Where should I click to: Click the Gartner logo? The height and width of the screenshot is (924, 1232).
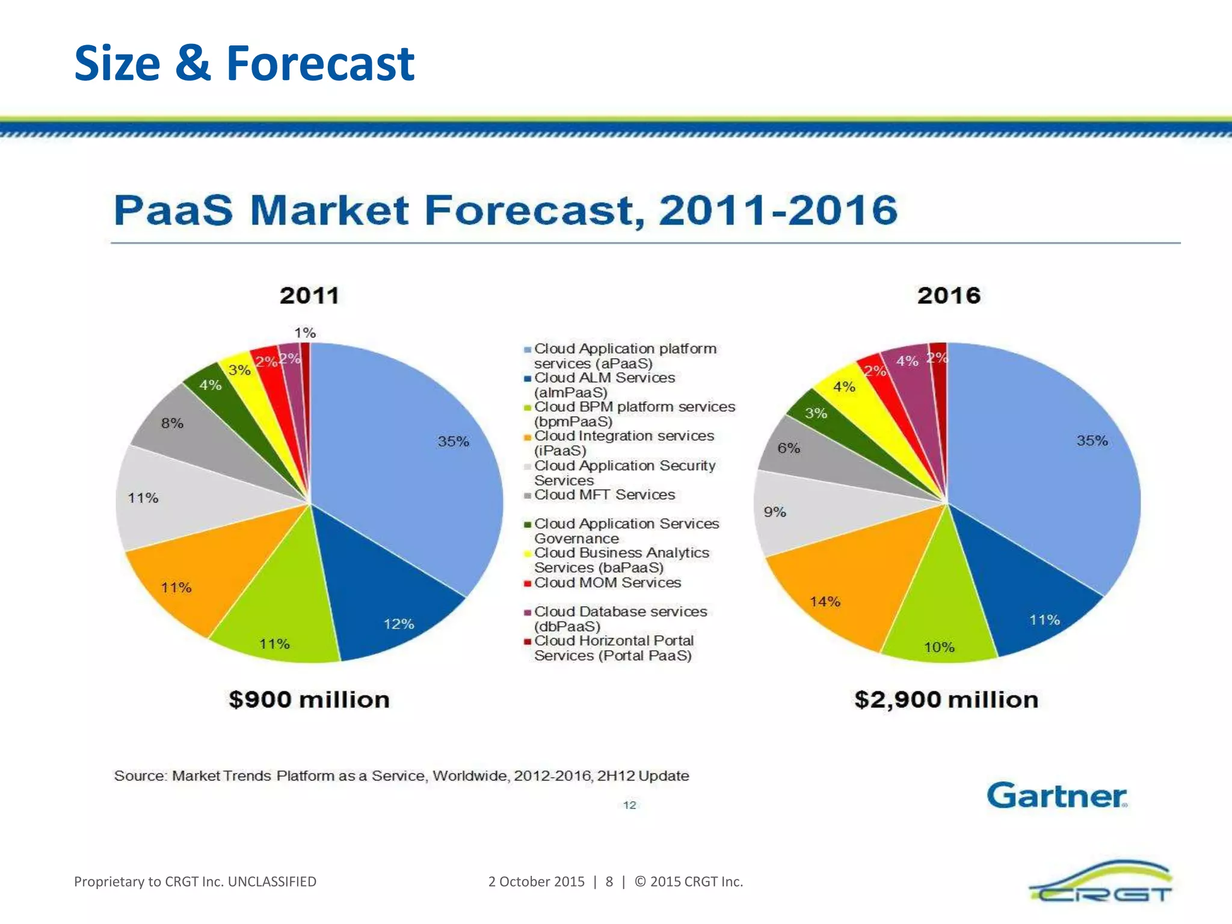coord(1056,795)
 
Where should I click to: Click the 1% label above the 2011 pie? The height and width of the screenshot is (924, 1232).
coord(305,333)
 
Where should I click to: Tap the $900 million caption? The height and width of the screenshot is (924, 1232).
coord(309,700)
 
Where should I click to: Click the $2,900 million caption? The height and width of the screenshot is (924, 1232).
coord(946,700)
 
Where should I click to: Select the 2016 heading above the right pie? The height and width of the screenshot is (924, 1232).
coord(949,295)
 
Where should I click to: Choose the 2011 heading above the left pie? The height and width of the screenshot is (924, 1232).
coord(309,295)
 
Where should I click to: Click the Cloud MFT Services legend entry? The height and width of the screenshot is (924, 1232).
coord(604,494)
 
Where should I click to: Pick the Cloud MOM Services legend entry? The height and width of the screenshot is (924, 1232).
coord(607,582)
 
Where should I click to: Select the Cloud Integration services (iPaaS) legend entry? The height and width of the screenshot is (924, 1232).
coord(623,443)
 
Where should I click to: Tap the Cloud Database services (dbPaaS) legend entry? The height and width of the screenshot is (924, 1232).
coord(620,618)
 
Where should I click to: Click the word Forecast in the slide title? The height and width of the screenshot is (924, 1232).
coord(320,63)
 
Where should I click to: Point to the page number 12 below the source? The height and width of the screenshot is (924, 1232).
coord(629,805)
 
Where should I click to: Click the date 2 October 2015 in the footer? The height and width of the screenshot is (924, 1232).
coord(536,881)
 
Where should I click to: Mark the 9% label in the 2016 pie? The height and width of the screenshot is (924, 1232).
coord(775,512)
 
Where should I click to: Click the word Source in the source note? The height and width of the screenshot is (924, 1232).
coord(140,776)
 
